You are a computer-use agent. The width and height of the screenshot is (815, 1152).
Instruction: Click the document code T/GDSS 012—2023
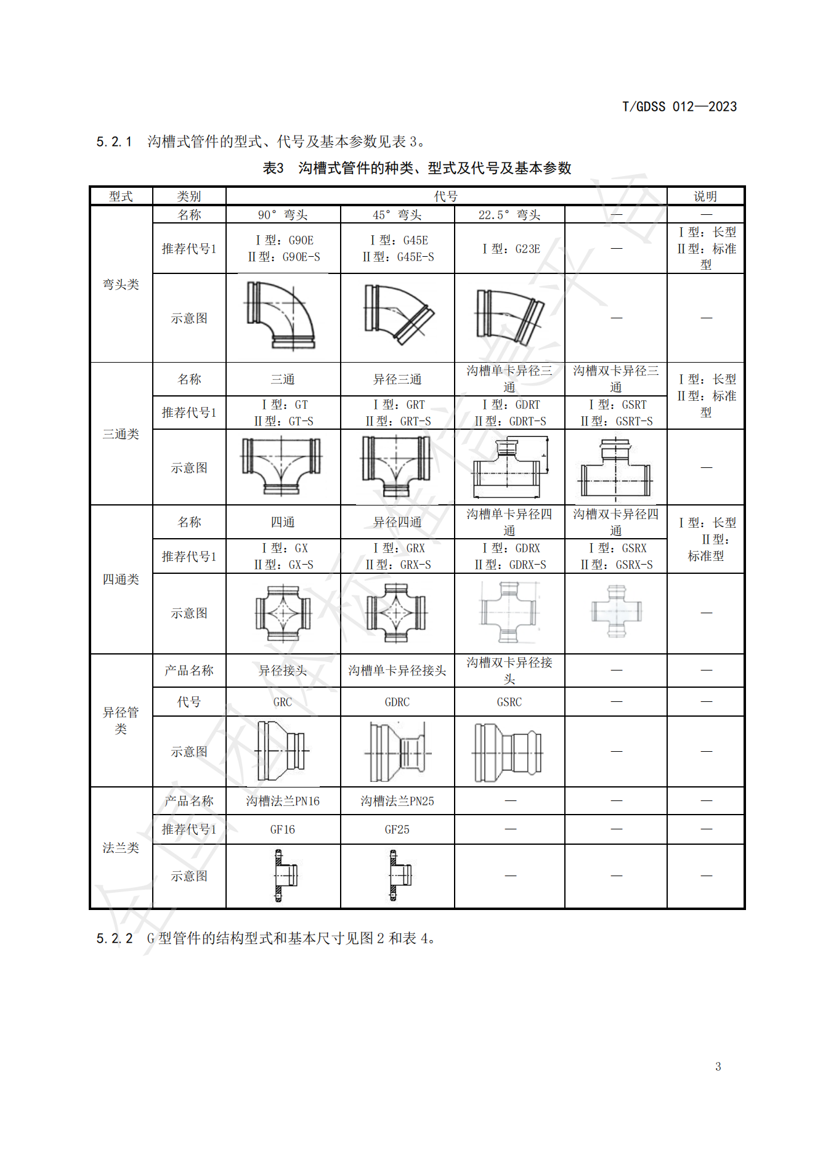679,107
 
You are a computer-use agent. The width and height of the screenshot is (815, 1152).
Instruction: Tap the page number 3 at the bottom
718,1066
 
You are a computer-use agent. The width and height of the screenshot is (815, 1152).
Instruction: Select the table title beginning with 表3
417,168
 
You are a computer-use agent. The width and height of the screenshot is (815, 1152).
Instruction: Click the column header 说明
705,196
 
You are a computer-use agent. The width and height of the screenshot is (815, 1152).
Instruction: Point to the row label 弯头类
121,284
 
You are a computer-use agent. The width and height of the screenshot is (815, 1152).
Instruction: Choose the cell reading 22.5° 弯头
509,215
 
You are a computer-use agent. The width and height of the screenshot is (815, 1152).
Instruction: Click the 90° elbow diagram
282,316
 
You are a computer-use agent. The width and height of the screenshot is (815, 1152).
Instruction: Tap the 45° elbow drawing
397,315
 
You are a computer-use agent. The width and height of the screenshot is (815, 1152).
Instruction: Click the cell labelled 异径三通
397,379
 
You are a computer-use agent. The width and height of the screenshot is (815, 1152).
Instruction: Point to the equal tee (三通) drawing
282,465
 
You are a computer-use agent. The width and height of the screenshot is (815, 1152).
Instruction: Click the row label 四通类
121,579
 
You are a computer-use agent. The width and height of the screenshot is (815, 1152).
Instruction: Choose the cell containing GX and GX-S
283,556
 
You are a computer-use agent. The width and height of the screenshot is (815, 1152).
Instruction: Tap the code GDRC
397,702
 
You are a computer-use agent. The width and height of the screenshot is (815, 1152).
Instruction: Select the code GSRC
509,702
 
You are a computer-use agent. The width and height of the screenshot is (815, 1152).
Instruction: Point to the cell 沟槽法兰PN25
397,801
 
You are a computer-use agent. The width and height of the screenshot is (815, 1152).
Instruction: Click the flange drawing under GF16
283,876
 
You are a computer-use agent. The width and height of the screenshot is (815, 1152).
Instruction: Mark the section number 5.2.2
115,938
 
